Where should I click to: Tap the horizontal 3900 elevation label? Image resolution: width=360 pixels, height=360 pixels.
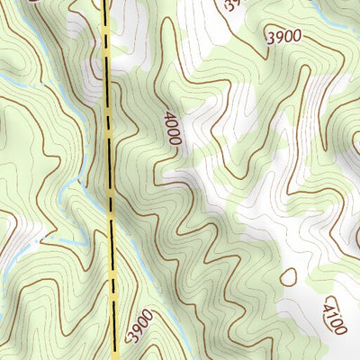tap(283, 37)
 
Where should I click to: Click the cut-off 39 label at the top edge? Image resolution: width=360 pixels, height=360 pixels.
tap(232, 4)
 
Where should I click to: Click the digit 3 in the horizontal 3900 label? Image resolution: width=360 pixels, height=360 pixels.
tap(271, 37)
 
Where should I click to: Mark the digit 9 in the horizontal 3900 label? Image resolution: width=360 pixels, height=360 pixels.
tap(279, 37)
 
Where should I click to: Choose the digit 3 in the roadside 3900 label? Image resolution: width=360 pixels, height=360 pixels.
tap(132, 338)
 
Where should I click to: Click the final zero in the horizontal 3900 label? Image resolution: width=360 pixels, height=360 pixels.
tap(296, 37)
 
